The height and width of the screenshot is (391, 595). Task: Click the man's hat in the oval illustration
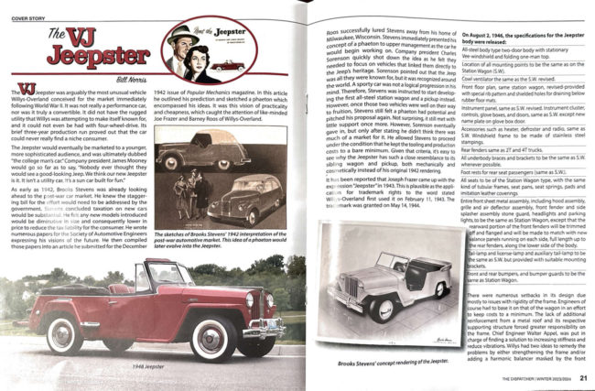179,33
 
